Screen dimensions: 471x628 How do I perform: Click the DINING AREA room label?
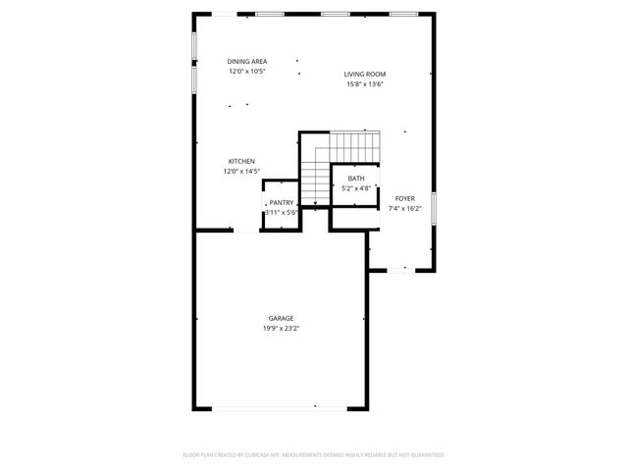click(247, 61)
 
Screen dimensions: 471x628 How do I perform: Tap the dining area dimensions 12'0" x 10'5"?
click(247, 71)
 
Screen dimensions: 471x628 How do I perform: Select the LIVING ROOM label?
click(364, 74)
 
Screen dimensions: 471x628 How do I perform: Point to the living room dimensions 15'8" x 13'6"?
click(364, 83)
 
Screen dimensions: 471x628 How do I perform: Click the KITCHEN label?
click(241, 161)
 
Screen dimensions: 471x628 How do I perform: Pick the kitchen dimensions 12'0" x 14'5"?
click(241, 172)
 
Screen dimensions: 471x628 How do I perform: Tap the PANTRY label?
click(282, 202)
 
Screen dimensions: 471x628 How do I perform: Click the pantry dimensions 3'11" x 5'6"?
click(281, 212)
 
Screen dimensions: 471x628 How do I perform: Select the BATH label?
click(356, 178)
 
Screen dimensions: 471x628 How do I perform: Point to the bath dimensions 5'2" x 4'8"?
click(356, 187)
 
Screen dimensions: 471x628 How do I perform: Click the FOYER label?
click(404, 198)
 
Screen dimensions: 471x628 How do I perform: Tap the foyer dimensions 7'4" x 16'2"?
click(404, 208)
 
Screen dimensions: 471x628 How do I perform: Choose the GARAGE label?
click(281, 318)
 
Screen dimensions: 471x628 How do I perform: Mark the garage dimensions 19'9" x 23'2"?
click(281, 329)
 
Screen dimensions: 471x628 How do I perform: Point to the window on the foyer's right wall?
click(434, 207)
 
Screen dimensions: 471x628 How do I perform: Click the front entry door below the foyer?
click(402, 271)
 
